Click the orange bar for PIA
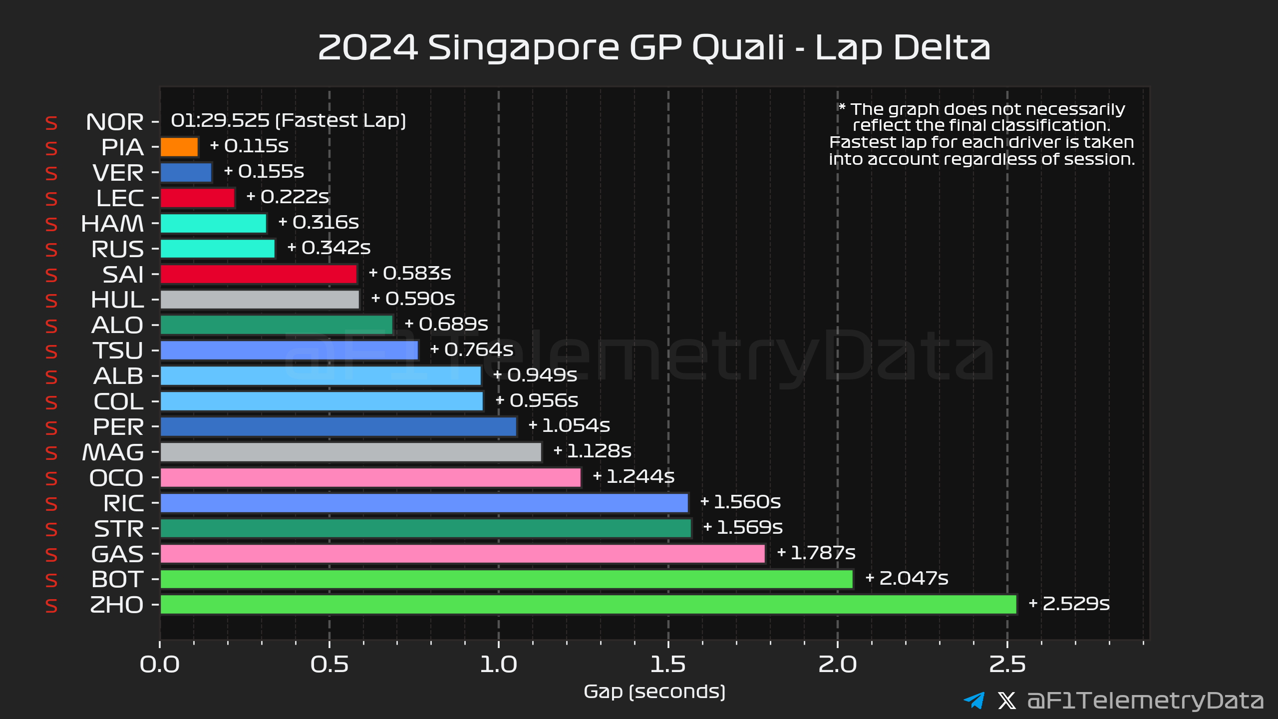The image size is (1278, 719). pyautogui.click(x=179, y=147)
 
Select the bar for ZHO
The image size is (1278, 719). pyautogui.click(x=588, y=605)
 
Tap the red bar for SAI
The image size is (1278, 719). pyautogui.click(x=259, y=274)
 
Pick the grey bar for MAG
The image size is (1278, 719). pyautogui.click(x=350, y=452)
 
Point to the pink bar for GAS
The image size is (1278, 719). pyautogui.click(x=462, y=554)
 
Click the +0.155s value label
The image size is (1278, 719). pyautogui.click(x=264, y=172)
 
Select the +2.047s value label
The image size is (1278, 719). pyautogui.click(x=907, y=578)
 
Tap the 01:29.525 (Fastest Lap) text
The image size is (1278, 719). pyautogui.click(x=288, y=121)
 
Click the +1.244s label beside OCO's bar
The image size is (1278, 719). pyautogui.click(x=633, y=477)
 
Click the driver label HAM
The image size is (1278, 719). pyautogui.click(x=112, y=224)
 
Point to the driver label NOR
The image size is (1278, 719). pyautogui.click(x=115, y=122)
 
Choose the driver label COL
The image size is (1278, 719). pyautogui.click(x=118, y=402)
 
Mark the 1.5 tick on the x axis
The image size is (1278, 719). pyautogui.click(x=668, y=664)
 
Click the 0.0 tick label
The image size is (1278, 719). pyautogui.click(x=160, y=664)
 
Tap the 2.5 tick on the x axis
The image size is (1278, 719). pyautogui.click(x=1007, y=664)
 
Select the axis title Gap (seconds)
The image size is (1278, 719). pyautogui.click(x=654, y=692)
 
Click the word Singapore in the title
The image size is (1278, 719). pyautogui.click(x=524, y=48)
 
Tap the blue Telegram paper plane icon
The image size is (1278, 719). pyautogui.click(x=974, y=701)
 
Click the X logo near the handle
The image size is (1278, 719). pyautogui.click(x=1006, y=701)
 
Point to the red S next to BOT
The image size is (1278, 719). pyautogui.click(x=51, y=580)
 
